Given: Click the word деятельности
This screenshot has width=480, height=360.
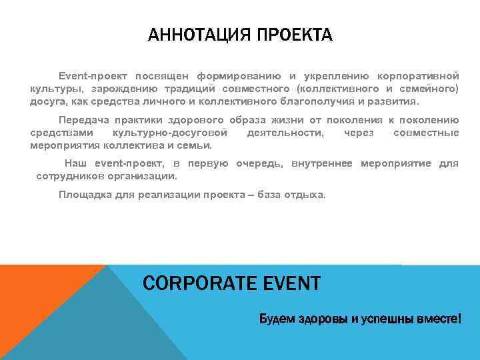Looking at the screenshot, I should click(x=286, y=133).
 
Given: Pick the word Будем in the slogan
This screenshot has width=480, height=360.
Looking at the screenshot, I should click(x=274, y=319).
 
